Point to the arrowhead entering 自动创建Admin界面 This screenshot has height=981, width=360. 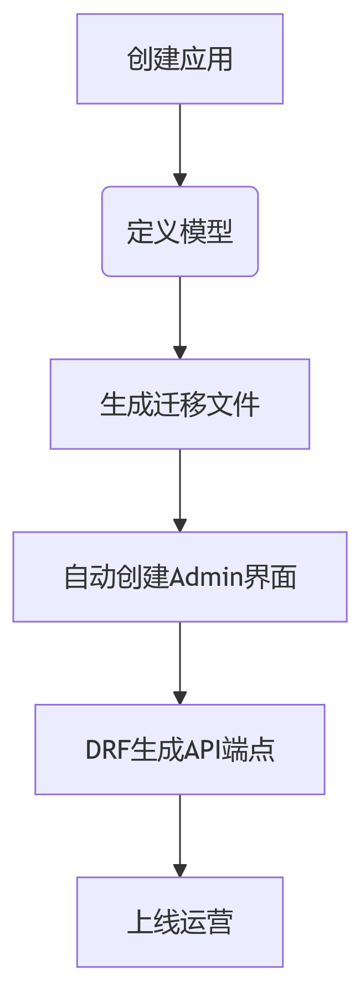pos(179,524)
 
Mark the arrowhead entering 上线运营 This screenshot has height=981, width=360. pos(179,870)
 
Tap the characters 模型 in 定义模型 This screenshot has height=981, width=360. pos(206,232)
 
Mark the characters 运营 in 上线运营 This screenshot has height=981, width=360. pos(206,922)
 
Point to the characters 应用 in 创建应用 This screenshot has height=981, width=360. pos(206,59)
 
